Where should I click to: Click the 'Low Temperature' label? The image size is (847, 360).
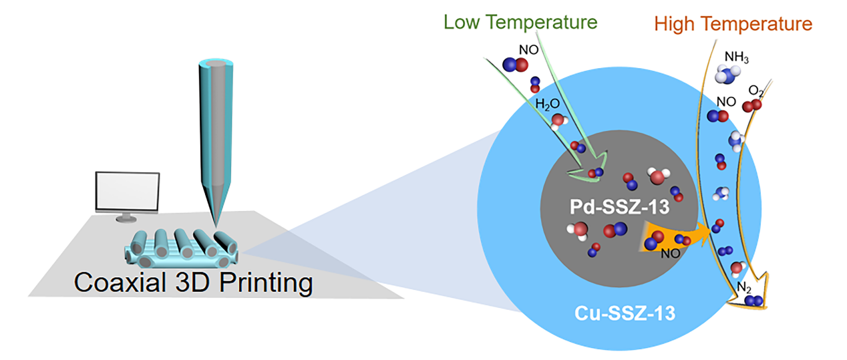[520, 21]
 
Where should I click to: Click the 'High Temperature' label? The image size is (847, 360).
[733, 25]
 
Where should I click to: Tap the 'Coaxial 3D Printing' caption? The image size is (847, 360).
[193, 283]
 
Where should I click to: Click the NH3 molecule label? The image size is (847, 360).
[737, 58]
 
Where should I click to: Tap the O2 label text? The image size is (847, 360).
[757, 90]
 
